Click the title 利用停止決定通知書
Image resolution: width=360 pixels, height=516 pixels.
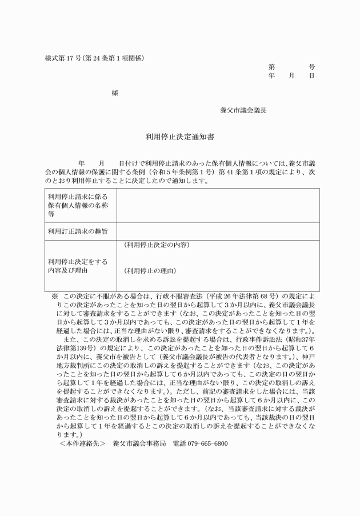point(179,137)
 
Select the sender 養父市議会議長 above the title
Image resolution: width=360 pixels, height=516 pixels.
point(243,110)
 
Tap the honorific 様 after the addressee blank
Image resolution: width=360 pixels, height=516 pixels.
point(115,93)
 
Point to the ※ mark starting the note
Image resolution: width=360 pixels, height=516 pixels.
point(55,297)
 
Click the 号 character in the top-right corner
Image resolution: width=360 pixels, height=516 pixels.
point(311,66)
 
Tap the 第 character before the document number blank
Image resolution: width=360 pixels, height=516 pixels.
point(271,66)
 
